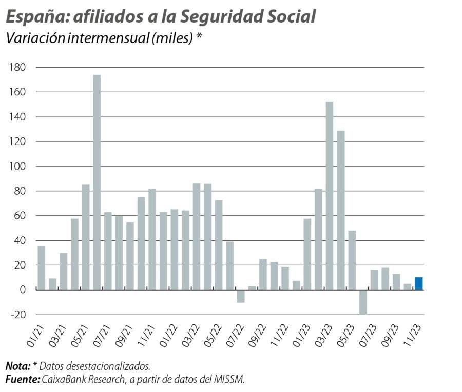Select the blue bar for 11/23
click(x=419, y=283)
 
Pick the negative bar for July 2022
click(x=241, y=296)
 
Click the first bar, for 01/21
click(x=42, y=268)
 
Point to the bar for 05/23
click(x=352, y=260)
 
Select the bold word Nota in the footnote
click(x=17, y=366)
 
